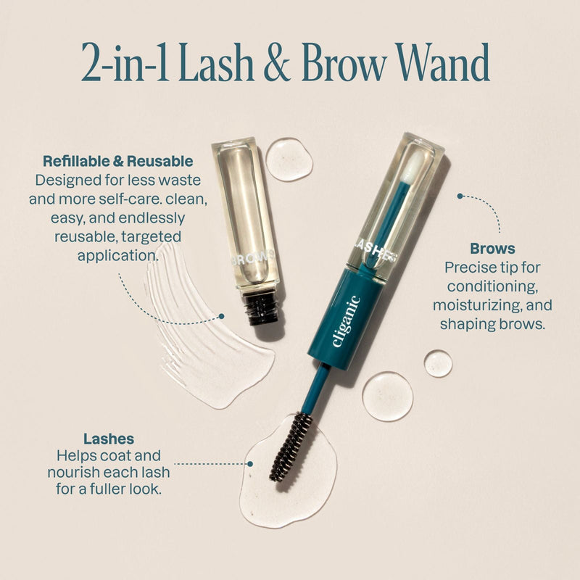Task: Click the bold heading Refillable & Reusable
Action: coord(117,161)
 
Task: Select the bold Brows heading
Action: coord(492,249)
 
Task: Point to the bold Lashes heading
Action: coord(109,439)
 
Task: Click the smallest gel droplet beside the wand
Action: coord(438,363)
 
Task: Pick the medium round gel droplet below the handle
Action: coord(387,396)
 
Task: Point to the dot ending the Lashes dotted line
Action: coord(250,463)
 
